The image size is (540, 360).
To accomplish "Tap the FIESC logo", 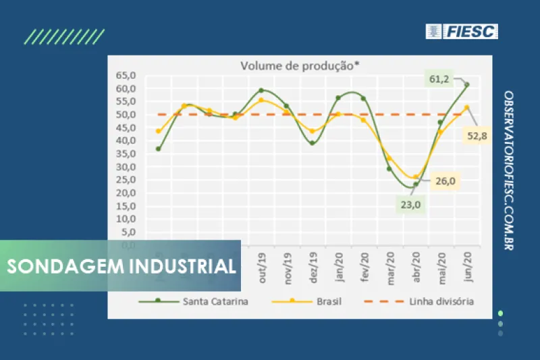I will (462, 31).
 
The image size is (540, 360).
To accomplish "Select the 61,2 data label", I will (439, 79).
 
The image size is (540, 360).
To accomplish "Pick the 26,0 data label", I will (446, 181).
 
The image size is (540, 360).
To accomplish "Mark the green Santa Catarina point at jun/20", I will (466, 84).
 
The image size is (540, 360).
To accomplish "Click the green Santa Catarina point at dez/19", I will (313, 143).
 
